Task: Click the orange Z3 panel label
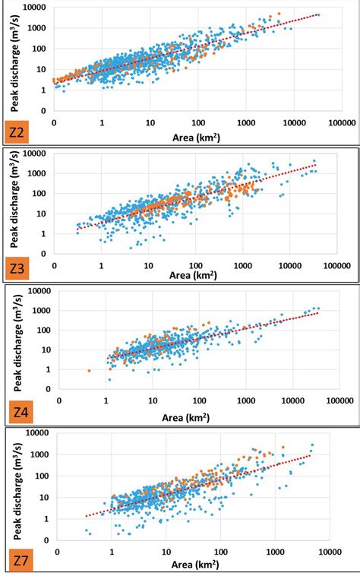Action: pos(17,270)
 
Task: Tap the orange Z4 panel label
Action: pos(20,413)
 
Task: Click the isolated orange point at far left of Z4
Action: pos(89,371)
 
